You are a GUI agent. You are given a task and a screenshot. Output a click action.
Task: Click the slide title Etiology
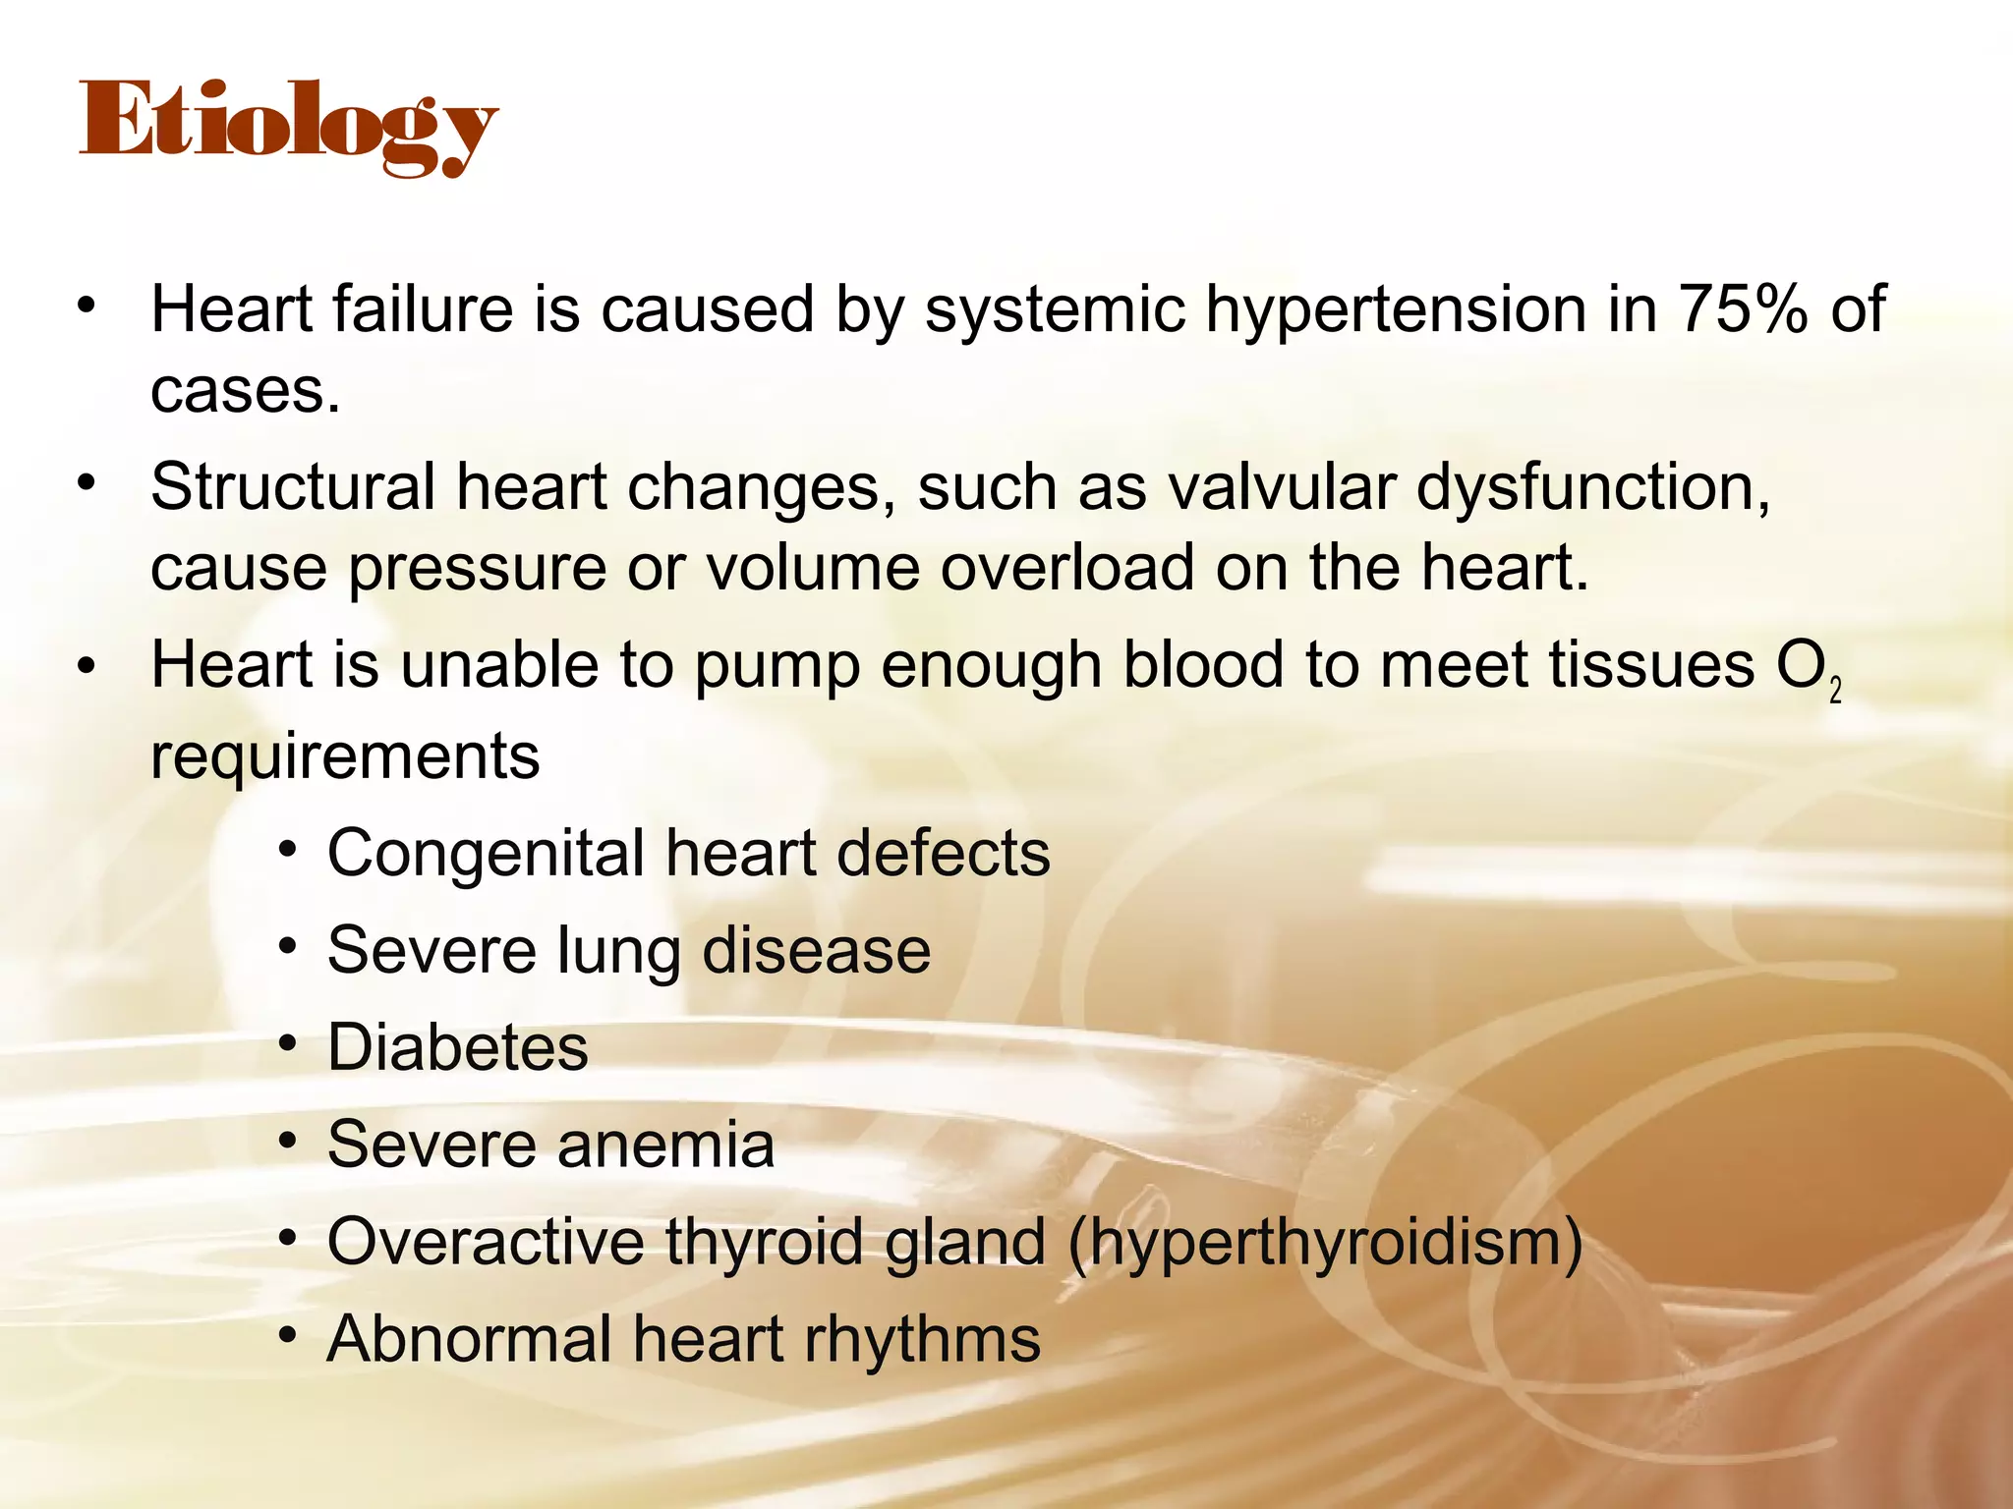[x=288, y=126]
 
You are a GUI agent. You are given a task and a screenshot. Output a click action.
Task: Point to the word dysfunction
[x=1592, y=489]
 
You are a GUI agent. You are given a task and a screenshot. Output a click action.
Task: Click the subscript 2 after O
[x=1835, y=691]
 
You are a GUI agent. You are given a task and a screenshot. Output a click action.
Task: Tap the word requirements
[x=345, y=756]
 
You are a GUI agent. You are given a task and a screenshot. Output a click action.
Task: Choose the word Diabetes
[x=457, y=1047]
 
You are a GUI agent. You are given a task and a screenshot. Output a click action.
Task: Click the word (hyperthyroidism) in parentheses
[x=1325, y=1243]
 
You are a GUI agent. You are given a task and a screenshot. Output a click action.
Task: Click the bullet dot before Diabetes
[x=287, y=1043]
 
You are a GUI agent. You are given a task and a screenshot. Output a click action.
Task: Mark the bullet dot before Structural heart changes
[x=86, y=482]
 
